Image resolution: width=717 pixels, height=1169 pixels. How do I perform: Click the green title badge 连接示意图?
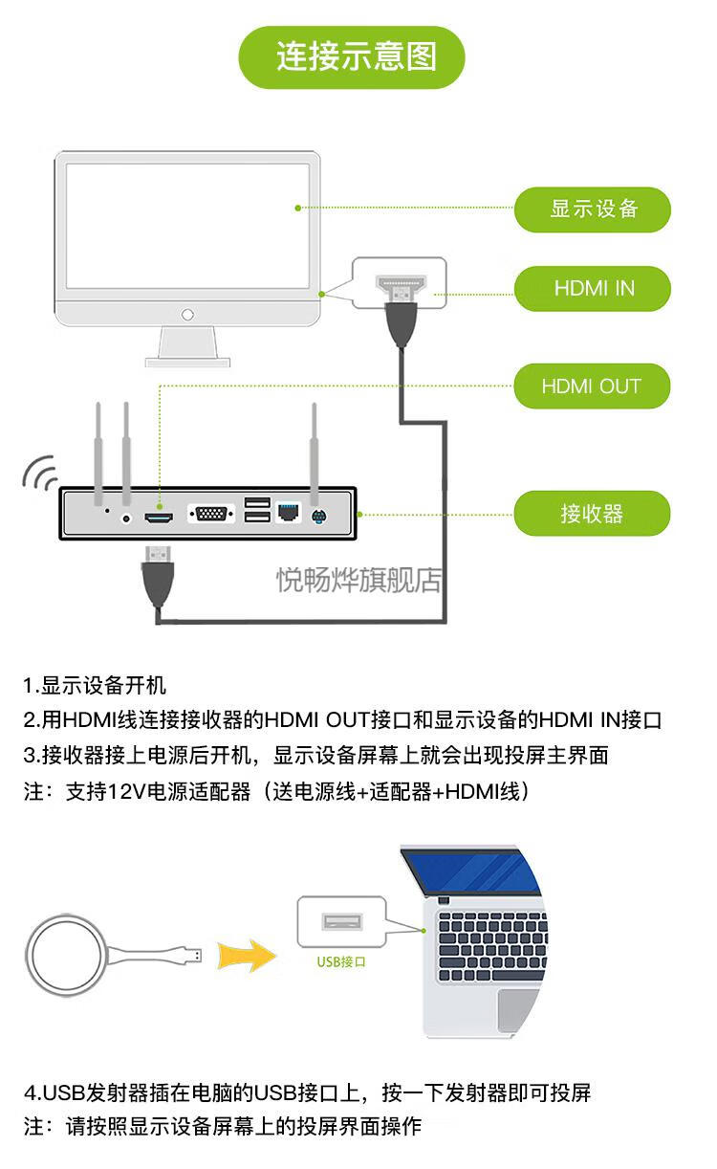[x=352, y=57]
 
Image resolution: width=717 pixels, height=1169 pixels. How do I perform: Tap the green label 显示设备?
[x=593, y=210]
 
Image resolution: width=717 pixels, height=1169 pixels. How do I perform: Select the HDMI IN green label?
[x=593, y=289]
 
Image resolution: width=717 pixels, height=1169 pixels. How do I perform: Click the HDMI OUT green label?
[x=592, y=386]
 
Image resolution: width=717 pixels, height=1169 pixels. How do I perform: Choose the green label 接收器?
[x=592, y=514]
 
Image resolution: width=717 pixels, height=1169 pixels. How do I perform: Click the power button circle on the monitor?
[x=187, y=314]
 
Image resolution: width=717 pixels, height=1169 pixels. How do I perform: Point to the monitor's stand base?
[x=187, y=362]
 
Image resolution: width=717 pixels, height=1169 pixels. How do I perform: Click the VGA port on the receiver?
[x=211, y=514]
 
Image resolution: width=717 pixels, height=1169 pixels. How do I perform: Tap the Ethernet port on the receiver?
[x=289, y=513]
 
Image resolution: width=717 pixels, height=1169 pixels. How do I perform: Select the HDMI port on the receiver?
[x=159, y=517]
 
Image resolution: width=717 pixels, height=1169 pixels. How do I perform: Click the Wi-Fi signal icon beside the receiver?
[x=39, y=472]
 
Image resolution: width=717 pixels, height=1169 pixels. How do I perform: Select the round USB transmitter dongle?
[x=68, y=955]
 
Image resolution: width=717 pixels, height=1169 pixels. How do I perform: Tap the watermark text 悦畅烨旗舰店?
[x=358, y=580]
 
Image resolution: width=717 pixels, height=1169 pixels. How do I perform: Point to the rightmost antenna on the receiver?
[x=314, y=450]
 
